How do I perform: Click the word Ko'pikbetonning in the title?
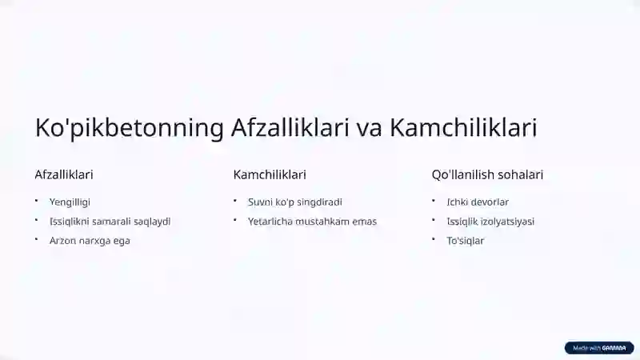pos(130,128)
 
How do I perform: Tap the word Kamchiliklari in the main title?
pos(463,127)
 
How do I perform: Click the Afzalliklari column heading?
pos(64,174)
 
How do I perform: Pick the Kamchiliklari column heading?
pos(270,174)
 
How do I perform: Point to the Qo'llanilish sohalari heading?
pos(487,174)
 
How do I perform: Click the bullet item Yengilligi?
pos(70,202)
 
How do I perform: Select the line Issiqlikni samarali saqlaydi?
pos(110,222)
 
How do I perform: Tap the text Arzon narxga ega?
pos(90,241)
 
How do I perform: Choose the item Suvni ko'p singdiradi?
pos(295,202)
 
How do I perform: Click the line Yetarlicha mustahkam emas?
pos(312,222)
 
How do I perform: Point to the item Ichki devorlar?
pos(478,202)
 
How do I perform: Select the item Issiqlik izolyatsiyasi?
pos(490,222)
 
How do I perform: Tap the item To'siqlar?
pos(466,241)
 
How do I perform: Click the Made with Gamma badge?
pos(599,348)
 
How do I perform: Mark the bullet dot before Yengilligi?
pos(36,201)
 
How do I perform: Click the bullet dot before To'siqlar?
pos(434,239)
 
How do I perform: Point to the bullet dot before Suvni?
pos(235,201)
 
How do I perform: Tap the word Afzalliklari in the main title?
pos(290,127)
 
